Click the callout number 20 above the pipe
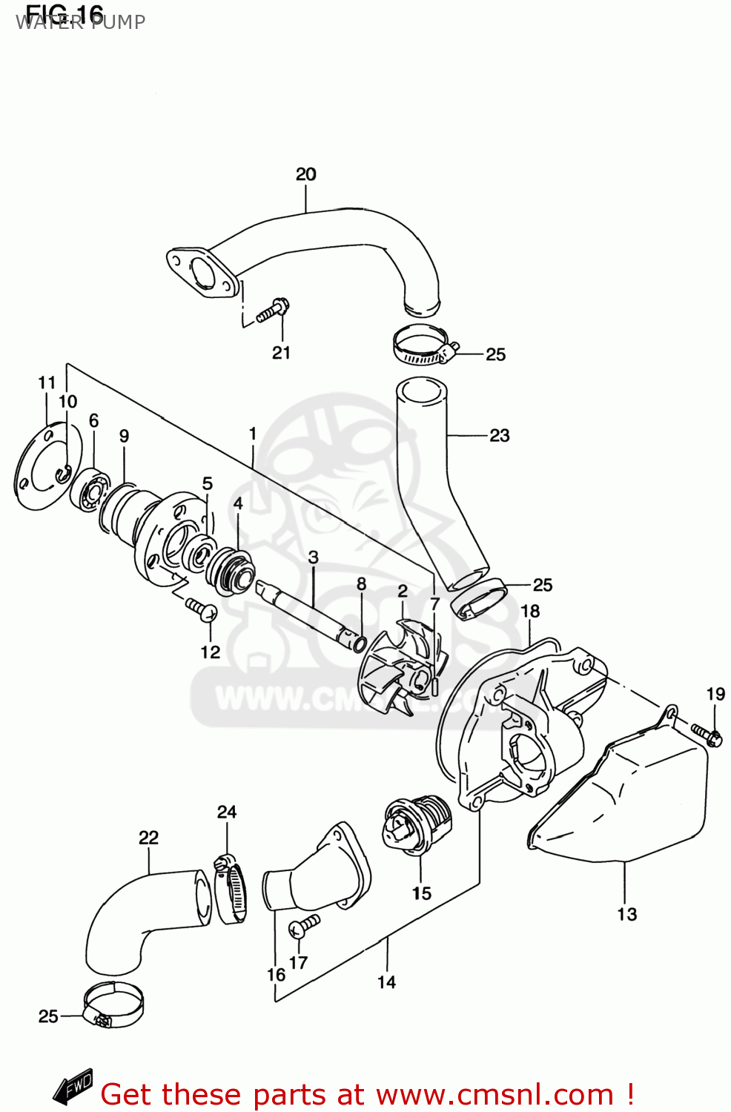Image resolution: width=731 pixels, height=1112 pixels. click(305, 174)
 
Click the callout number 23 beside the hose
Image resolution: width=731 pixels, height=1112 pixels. click(499, 435)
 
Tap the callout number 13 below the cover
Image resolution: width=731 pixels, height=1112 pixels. click(626, 914)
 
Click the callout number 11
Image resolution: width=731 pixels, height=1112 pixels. click(47, 383)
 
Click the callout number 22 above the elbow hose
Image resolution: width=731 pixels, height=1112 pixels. click(148, 838)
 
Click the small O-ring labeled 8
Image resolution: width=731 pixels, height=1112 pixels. click(360, 643)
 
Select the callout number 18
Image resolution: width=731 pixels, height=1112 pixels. click(530, 611)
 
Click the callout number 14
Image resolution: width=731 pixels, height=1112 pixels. click(386, 982)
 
